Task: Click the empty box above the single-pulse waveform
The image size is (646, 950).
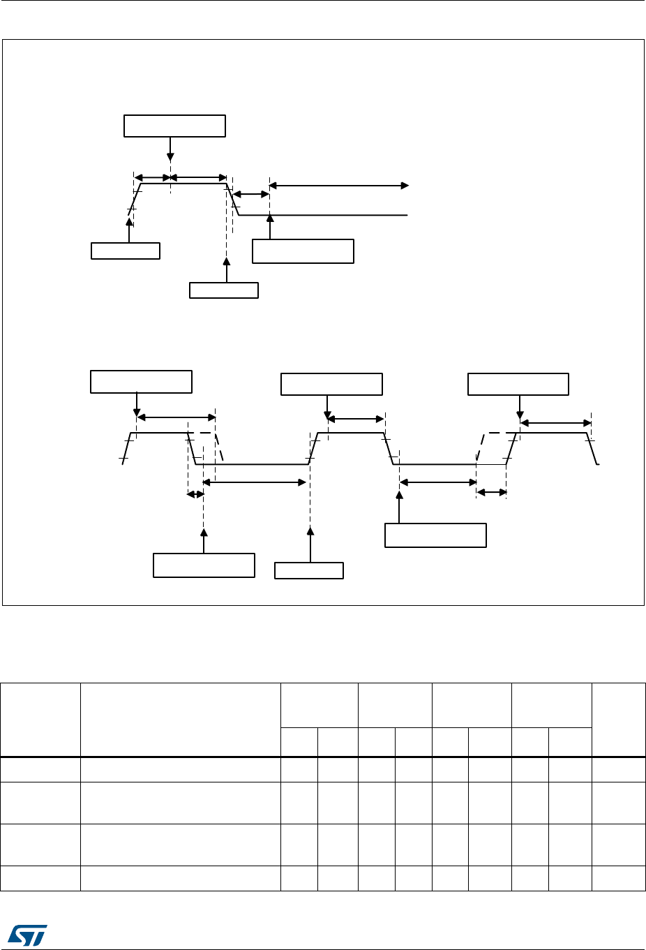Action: point(174,126)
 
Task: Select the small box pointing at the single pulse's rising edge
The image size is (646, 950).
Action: point(126,251)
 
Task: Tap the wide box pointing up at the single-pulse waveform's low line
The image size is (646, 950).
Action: point(303,251)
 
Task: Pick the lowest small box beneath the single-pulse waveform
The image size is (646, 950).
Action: point(224,290)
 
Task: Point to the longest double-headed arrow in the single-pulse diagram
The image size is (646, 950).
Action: point(339,186)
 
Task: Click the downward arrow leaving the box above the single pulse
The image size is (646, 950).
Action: point(170,148)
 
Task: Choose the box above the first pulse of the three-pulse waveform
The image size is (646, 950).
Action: point(141,382)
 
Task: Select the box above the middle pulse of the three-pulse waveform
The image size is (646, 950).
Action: point(331,384)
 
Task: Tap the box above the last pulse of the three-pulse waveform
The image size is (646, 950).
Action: point(518,384)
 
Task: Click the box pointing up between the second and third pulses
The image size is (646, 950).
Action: point(435,535)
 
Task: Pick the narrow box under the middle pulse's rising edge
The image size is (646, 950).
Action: point(309,570)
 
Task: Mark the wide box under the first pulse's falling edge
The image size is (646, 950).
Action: point(204,565)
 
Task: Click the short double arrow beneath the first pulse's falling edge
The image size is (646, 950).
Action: point(195,494)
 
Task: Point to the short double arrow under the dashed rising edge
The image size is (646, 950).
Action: point(491,493)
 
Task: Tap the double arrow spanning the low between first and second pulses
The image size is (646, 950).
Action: point(255,482)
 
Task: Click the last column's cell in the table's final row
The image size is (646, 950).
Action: point(618,878)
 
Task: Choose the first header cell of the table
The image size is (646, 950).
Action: point(40,720)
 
